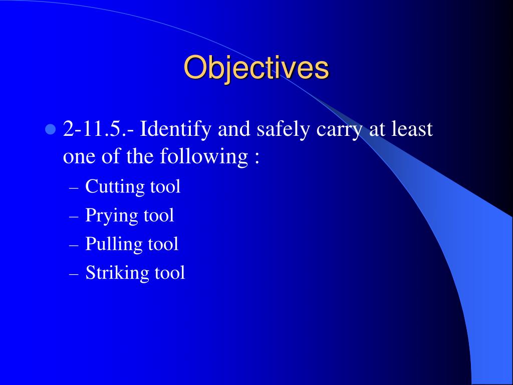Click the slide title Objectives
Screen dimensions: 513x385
tap(256, 68)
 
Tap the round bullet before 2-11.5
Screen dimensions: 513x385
tap(50, 129)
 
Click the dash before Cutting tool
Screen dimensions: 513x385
tap(74, 189)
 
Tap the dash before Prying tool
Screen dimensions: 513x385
tap(74, 218)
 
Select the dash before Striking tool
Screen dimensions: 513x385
tap(74, 275)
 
